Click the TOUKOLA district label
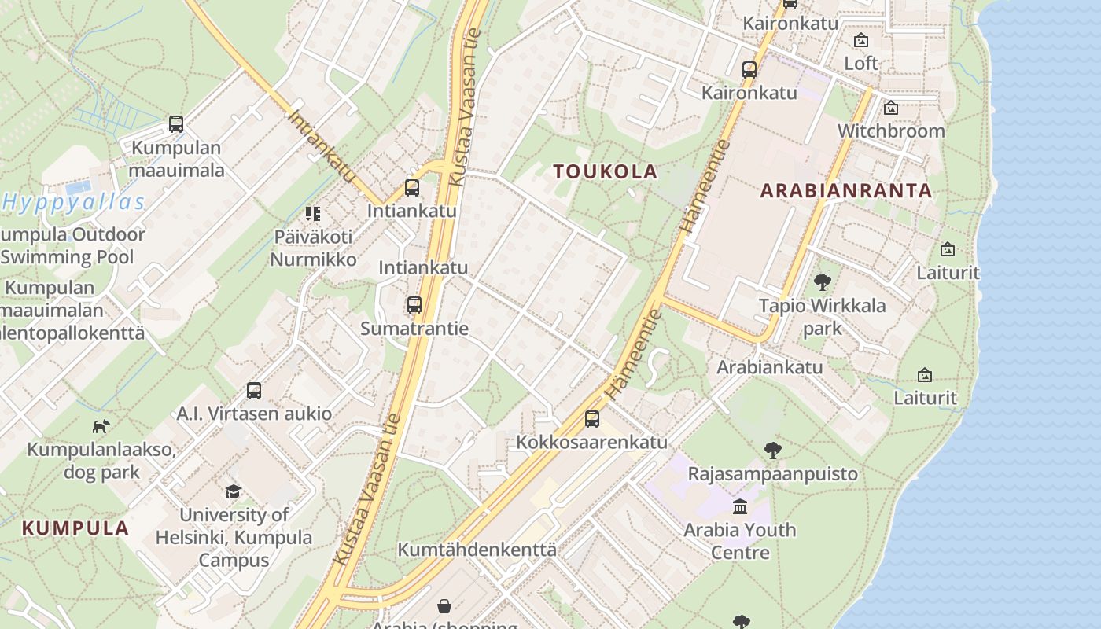(x=605, y=171)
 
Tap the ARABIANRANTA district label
(x=845, y=190)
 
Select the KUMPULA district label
(x=75, y=528)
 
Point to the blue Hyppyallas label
(x=74, y=203)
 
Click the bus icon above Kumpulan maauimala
(x=176, y=124)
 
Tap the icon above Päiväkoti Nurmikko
(x=313, y=213)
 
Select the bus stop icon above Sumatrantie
(x=414, y=305)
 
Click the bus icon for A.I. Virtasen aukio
(x=254, y=391)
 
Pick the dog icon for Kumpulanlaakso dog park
(x=101, y=426)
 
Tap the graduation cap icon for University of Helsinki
(x=234, y=492)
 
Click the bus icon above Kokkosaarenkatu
(x=592, y=419)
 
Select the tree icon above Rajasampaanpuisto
(x=773, y=451)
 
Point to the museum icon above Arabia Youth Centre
(x=740, y=506)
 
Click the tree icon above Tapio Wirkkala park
(x=823, y=282)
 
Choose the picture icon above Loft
(x=861, y=40)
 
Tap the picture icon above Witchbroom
(x=891, y=108)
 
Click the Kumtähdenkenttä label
(x=477, y=550)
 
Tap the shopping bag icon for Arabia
(x=444, y=606)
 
